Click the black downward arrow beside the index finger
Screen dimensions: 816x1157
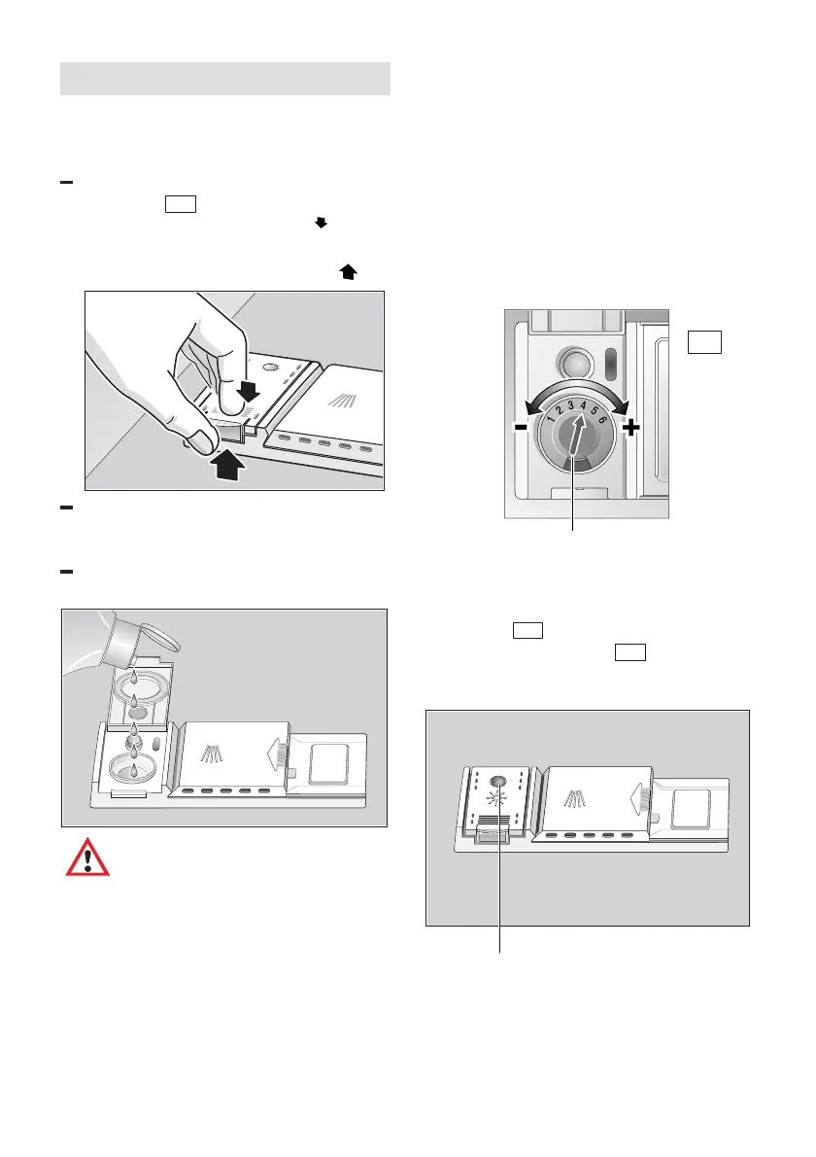248,392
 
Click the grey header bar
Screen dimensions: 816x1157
225,79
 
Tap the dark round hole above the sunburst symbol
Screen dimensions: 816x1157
499,781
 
